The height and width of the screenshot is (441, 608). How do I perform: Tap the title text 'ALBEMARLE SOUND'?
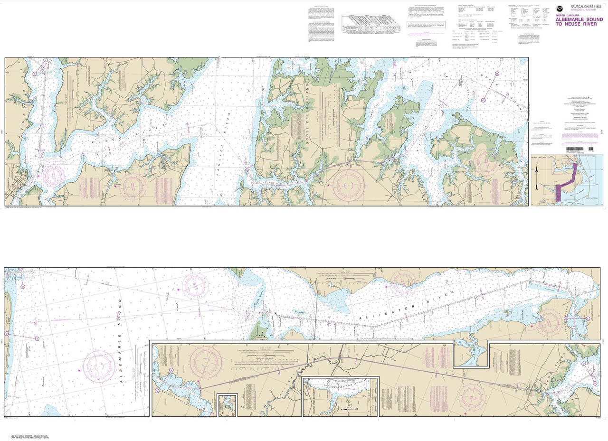579,19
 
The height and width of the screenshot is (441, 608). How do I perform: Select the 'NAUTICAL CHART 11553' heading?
587,6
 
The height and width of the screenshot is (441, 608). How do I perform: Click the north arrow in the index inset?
537,168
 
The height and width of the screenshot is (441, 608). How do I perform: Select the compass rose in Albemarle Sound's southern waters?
99,367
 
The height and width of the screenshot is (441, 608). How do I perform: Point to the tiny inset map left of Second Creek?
227,405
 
